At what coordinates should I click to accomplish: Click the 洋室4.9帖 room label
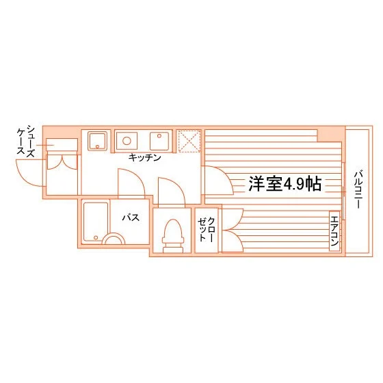(285, 183)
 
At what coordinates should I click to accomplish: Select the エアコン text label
(334, 233)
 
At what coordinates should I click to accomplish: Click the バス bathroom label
(131, 218)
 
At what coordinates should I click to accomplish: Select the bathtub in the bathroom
(96, 220)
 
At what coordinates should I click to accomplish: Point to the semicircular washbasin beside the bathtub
(114, 239)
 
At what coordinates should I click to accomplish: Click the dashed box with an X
(187, 141)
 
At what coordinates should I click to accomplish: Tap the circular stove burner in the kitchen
(126, 141)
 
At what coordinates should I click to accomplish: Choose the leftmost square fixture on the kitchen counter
(96, 141)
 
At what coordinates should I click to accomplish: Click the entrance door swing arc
(31, 178)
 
